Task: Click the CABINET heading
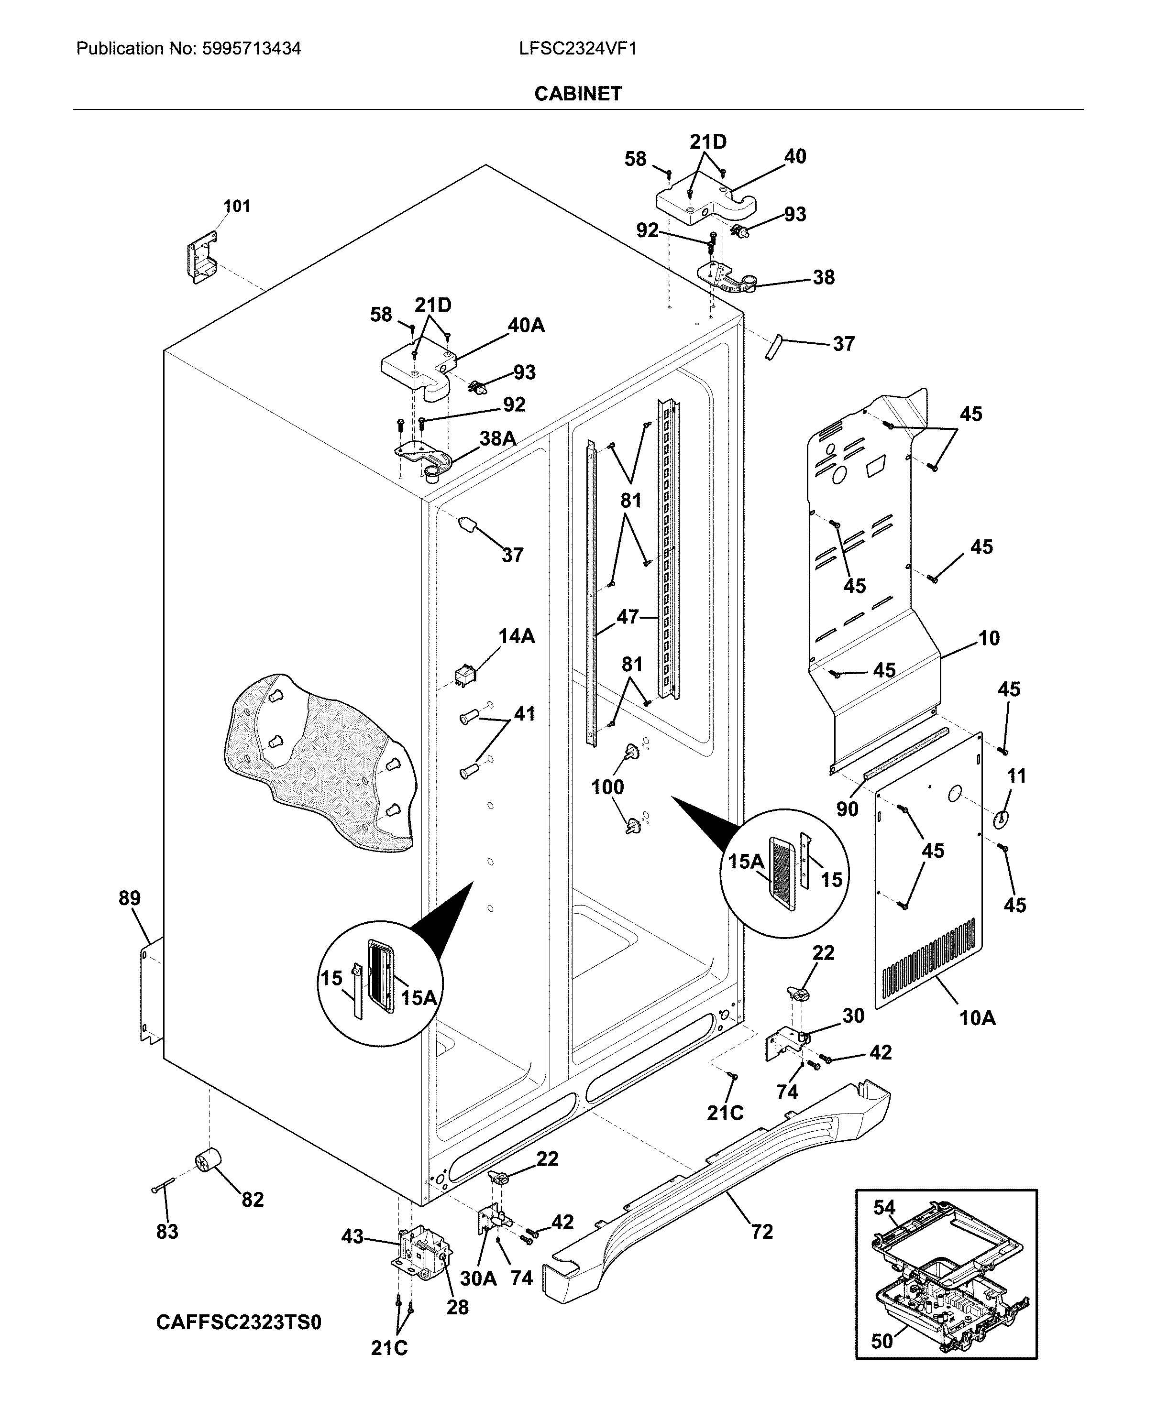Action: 577,94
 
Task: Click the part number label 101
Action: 236,206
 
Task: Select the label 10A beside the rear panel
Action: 977,1018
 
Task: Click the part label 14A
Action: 516,636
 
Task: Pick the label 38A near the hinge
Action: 497,438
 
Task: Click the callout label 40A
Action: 526,325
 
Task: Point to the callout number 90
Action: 847,808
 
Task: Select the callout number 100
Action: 607,786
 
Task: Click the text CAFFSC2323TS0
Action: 238,1322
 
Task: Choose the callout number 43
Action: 353,1236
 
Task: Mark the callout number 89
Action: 129,898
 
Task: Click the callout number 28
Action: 458,1307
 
